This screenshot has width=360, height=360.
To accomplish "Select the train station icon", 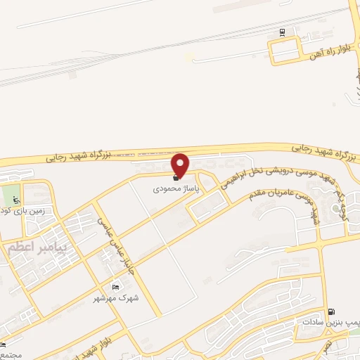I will click(x=282, y=32).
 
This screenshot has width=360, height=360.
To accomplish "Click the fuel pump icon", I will click(x=331, y=311).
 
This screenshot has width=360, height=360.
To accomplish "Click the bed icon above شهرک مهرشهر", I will click(x=115, y=287).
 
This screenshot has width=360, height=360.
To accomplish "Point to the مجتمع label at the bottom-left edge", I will click(x=8, y=354).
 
